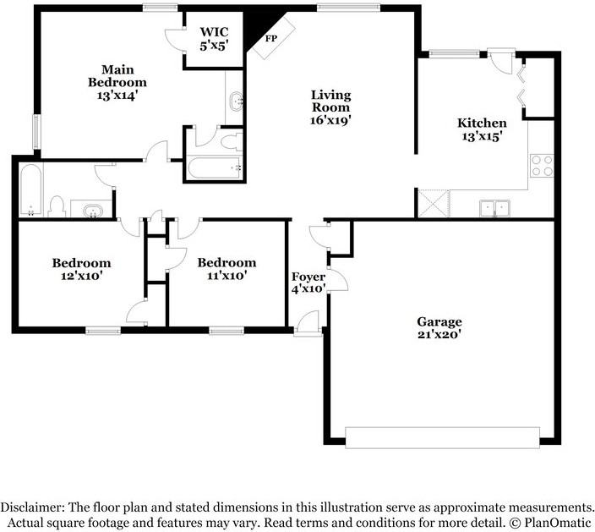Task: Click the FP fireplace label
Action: (x=270, y=39)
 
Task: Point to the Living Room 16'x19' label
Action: (x=330, y=107)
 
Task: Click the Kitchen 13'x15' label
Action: (x=482, y=129)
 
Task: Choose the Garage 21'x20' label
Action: (x=439, y=327)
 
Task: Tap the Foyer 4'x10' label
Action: (x=308, y=282)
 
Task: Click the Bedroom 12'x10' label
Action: (x=81, y=268)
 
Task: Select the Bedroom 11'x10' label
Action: (x=227, y=268)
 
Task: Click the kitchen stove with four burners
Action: (x=541, y=164)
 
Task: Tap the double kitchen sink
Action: (x=493, y=207)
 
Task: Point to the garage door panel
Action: (x=441, y=437)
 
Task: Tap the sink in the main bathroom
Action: (x=236, y=102)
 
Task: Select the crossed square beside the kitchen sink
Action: (x=434, y=204)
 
